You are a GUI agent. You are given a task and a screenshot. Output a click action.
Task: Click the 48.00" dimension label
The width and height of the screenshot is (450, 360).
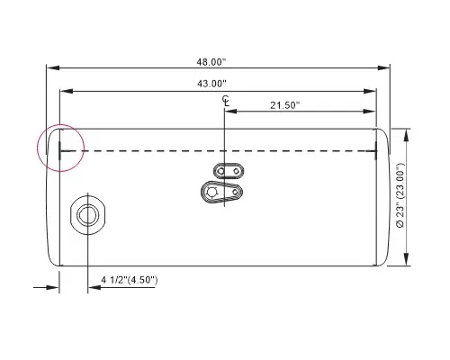tap(211, 61)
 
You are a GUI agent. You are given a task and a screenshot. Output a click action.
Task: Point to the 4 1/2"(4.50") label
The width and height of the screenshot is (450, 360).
tap(129, 280)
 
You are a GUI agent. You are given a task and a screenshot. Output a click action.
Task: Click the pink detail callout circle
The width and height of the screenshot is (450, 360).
tap(59, 147)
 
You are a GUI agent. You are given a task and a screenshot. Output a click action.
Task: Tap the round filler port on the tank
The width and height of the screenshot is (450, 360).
tap(88, 214)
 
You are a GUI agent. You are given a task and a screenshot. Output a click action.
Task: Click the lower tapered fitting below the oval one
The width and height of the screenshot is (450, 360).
tap(222, 193)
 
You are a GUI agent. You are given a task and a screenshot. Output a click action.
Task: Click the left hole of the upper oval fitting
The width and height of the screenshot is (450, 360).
tap(220, 171)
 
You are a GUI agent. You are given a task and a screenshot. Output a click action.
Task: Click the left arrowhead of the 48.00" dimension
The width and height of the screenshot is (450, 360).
tap(50, 67)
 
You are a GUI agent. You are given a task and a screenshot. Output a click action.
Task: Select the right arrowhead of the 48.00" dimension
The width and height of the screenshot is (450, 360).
tap(387, 67)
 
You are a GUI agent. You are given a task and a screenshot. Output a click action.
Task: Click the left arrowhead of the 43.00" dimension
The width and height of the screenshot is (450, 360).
tap(64, 91)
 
